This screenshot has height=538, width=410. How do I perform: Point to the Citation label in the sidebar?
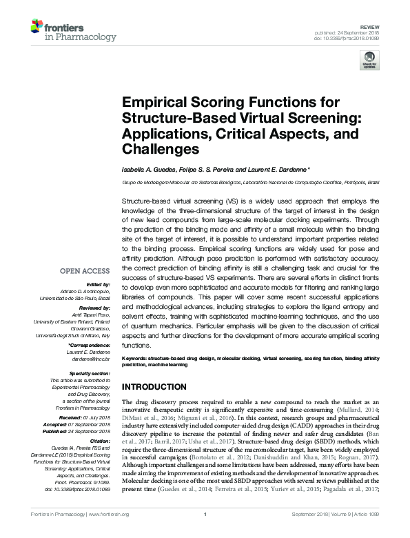(x=100, y=441)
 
